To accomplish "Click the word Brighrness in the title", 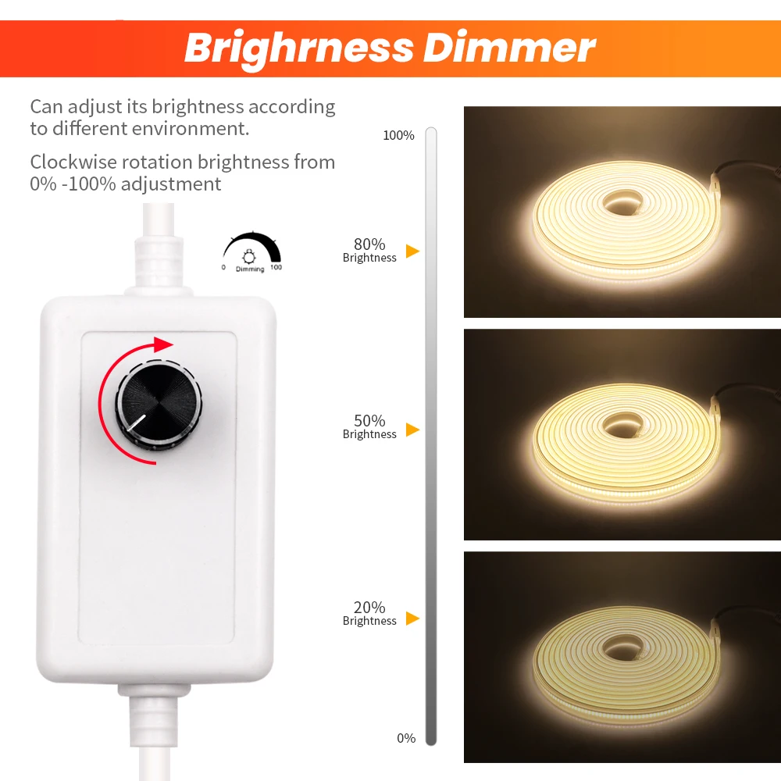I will (299, 48).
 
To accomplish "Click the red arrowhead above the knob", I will (163, 344).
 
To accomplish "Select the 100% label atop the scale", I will (398, 135).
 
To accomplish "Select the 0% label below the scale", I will (406, 738).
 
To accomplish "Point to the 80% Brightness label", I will (369, 250).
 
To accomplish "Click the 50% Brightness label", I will (369, 426).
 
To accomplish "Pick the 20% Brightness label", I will (369, 613).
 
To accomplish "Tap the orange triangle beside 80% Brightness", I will (412, 251).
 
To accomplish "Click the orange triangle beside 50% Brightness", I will (412, 430).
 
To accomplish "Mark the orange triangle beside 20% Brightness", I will (412, 619).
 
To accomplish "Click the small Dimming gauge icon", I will (251, 251).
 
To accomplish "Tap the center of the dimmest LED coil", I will (623, 648).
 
